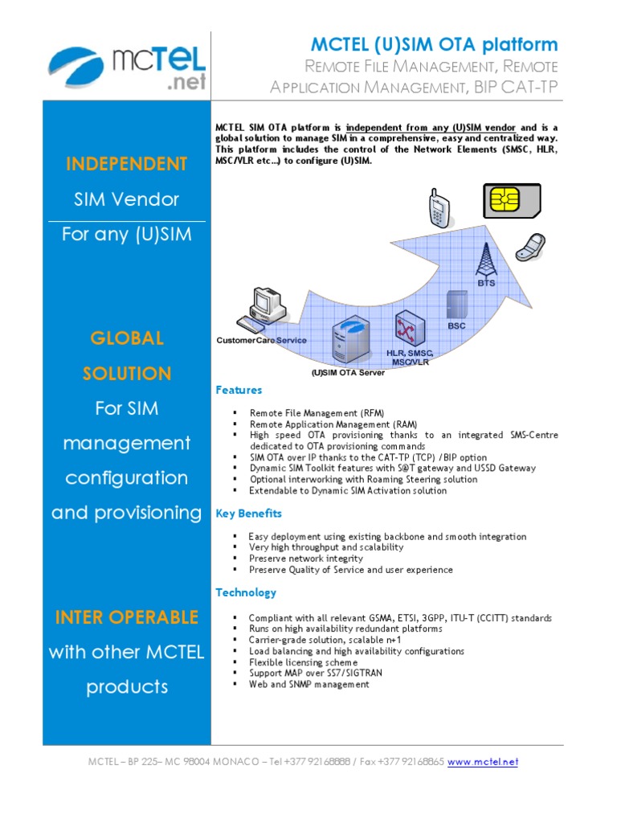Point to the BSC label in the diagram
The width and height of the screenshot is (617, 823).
pos(456,326)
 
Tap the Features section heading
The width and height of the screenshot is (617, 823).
pos(239,390)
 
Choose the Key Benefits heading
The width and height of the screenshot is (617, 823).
pos(248,513)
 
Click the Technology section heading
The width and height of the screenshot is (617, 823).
pos(245,592)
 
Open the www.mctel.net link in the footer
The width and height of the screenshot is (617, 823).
pos(482,761)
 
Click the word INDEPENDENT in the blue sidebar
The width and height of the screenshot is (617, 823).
pos(126,164)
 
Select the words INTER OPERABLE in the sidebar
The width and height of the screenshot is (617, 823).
pos(126,617)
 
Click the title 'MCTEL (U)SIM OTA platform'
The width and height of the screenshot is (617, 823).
pos(434,44)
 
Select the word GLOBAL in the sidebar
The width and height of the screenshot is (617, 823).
pos(126,338)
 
